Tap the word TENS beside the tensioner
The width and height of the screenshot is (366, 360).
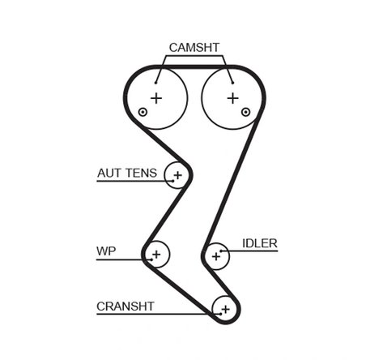point(143,173)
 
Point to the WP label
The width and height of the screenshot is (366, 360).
point(106,251)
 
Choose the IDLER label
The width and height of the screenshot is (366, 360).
point(259,243)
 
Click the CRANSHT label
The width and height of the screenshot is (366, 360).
point(125,306)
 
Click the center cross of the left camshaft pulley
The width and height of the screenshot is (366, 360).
point(156,97)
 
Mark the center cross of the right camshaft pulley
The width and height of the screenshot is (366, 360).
point(233,97)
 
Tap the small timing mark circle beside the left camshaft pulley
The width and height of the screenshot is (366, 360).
point(143,113)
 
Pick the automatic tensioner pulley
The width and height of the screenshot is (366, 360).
point(177,174)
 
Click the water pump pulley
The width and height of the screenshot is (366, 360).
point(155,255)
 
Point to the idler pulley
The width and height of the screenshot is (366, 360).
point(216,255)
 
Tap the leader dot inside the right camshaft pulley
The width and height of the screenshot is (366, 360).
point(232,80)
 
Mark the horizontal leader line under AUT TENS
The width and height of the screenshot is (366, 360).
point(130,181)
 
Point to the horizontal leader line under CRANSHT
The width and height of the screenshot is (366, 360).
point(146,314)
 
